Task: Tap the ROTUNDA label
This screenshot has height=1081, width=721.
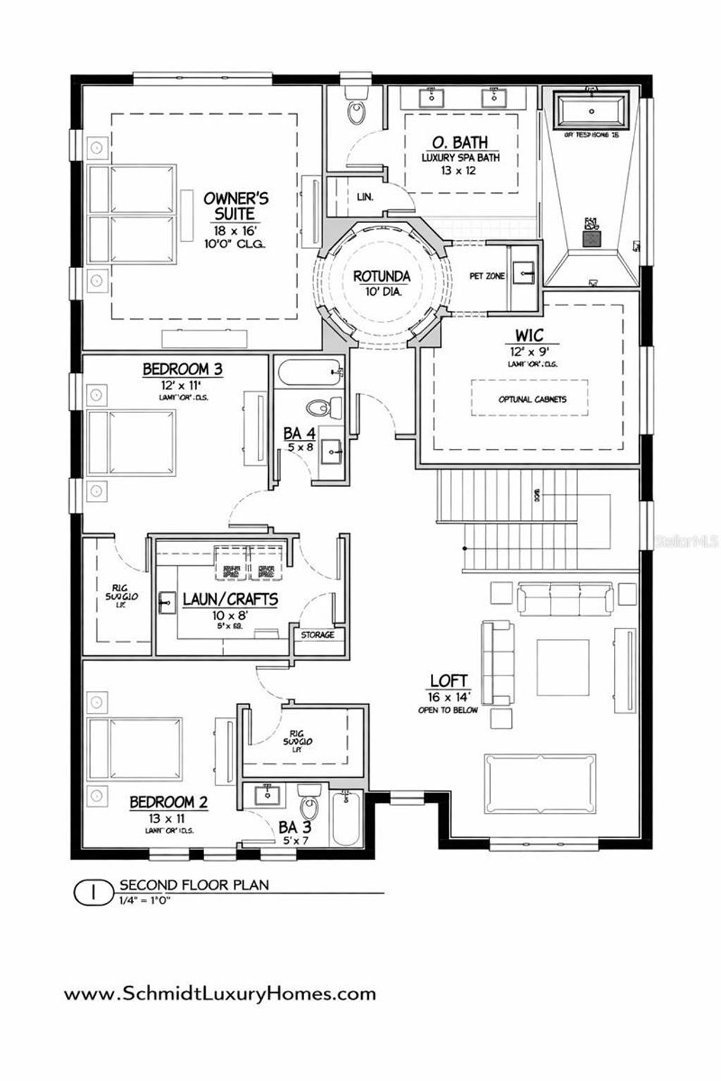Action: [382, 277]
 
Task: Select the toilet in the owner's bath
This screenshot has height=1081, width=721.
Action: [357, 112]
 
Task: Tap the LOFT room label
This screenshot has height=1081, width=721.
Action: [449, 681]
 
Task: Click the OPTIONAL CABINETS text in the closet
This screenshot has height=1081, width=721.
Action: [532, 399]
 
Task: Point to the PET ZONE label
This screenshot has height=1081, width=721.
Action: [487, 277]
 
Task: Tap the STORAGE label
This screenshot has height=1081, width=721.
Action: [318, 635]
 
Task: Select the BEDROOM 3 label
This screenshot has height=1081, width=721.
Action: [175, 369]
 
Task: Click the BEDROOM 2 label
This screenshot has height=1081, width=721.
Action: [168, 802]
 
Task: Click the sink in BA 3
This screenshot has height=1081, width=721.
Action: [268, 795]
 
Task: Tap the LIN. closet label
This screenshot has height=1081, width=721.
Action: [364, 197]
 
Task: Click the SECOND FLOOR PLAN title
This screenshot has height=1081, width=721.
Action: [194, 885]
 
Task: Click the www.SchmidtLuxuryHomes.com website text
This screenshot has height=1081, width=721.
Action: [220, 994]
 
